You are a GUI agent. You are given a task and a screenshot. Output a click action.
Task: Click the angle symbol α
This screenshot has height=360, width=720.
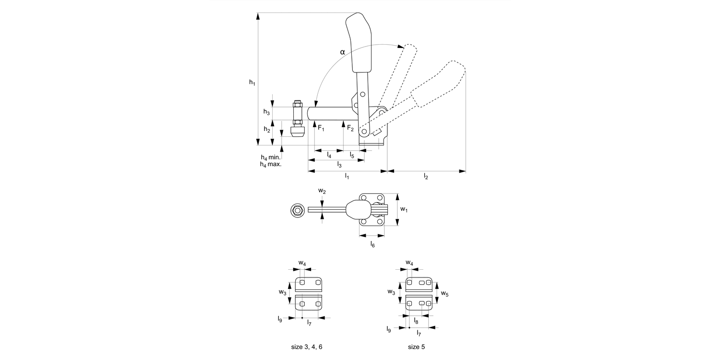click(x=342, y=51)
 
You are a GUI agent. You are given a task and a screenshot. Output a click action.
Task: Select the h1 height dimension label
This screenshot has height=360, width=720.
click(x=252, y=83)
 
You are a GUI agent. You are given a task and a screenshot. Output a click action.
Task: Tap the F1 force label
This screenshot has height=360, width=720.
click(x=321, y=128)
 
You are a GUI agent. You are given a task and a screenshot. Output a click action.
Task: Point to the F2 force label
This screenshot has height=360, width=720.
click(x=350, y=128)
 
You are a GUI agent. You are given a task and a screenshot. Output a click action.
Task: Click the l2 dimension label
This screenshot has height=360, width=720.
click(x=426, y=177)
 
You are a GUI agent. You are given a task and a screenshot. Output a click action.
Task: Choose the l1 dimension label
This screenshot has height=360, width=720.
click(x=347, y=177)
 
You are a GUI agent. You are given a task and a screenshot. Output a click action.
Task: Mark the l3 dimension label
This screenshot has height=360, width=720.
click(x=339, y=165)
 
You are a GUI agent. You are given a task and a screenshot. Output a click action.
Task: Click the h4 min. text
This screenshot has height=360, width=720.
click(x=270, y=157)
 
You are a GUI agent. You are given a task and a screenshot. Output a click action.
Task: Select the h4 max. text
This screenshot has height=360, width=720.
click(x=270, y=164)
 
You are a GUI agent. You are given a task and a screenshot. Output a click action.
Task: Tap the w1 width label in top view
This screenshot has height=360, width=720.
click(x=404, y=209)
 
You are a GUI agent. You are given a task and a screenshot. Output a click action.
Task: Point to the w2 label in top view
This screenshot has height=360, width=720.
click(x=322, y=191)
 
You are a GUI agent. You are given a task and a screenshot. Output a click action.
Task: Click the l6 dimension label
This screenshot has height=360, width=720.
click(x=372, y=244)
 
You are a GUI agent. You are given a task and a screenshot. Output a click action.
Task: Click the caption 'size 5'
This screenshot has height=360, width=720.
click(x=416, y=347)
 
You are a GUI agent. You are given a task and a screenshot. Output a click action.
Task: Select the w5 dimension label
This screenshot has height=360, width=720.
click(x=444, y=293)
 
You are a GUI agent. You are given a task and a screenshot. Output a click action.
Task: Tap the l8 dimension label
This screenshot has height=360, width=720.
click(x=416, y=321)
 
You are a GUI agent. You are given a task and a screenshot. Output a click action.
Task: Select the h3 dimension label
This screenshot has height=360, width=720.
click(x=266, y=112)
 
